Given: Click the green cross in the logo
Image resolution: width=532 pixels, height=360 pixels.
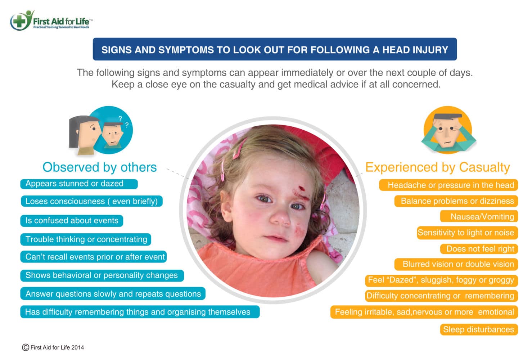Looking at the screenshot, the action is [19, 21].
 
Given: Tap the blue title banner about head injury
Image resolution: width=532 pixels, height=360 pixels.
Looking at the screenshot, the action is [275, 49].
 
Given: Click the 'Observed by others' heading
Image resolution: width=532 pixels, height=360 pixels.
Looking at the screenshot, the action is [99, 167].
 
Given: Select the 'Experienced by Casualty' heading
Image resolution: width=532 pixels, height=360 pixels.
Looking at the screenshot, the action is [437, 167].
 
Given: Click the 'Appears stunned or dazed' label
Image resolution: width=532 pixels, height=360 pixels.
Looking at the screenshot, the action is [79, 184].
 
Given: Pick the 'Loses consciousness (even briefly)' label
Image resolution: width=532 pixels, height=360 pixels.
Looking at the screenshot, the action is [91, 201].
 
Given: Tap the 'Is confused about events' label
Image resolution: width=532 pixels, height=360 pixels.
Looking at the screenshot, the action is [72, 221].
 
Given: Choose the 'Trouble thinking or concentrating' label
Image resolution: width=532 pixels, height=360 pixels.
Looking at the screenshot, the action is [86, 239].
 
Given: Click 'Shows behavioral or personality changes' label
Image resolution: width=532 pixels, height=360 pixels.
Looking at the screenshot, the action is [102, 275].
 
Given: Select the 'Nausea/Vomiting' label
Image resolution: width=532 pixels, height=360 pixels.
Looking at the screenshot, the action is [479, 217].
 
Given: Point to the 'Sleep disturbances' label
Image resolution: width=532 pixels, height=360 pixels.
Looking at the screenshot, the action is [479, 330].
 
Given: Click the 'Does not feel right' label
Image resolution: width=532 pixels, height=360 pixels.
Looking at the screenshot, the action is [479, 249].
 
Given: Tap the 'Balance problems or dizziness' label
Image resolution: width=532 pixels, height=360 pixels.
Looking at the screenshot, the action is [456, 201].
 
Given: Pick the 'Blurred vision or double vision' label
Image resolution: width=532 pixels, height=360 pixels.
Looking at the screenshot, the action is [456, 264].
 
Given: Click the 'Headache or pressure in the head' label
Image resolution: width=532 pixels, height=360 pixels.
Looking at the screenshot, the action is [448, 185].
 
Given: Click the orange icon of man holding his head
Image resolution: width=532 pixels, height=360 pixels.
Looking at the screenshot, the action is [448, 130].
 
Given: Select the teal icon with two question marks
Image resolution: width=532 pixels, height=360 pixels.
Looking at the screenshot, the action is [101, 131].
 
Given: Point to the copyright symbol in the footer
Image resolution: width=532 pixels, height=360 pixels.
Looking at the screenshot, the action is [26, 347].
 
